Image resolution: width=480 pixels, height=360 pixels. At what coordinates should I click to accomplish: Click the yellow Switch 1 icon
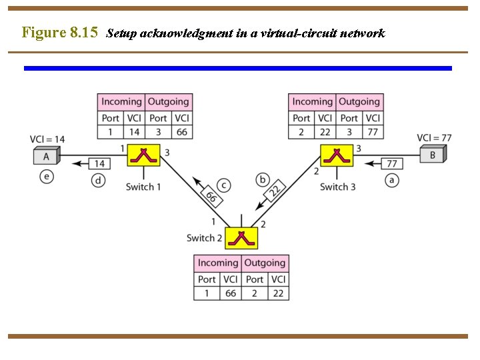(144, 155)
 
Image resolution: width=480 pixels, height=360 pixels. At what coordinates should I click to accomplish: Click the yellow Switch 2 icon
(241, 238)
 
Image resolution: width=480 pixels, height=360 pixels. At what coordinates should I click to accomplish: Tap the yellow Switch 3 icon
(337, 155)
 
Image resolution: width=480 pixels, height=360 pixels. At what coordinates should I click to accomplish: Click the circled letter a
(391, 179)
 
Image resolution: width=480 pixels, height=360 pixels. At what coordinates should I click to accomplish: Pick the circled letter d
(99, 180)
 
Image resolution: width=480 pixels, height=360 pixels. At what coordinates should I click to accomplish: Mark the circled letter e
(45, 177)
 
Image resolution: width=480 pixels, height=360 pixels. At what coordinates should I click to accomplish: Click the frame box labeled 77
(392, 163)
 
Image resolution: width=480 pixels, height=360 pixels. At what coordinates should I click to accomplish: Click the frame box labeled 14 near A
(99, 163)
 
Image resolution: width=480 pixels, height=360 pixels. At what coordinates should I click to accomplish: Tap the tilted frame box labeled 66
(211, 197)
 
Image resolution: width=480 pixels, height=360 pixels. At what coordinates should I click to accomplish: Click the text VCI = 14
(47, 139)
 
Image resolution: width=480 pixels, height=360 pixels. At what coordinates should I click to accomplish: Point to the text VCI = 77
(434, 138)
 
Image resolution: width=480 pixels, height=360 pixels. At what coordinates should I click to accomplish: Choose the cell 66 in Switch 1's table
(181, 132)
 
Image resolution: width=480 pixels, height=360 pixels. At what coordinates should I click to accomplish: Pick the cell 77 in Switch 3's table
(372, 132)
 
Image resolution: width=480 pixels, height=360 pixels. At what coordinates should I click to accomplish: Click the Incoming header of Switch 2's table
(217, 263)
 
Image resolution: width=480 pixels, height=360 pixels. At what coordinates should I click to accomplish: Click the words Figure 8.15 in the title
(59, 32)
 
